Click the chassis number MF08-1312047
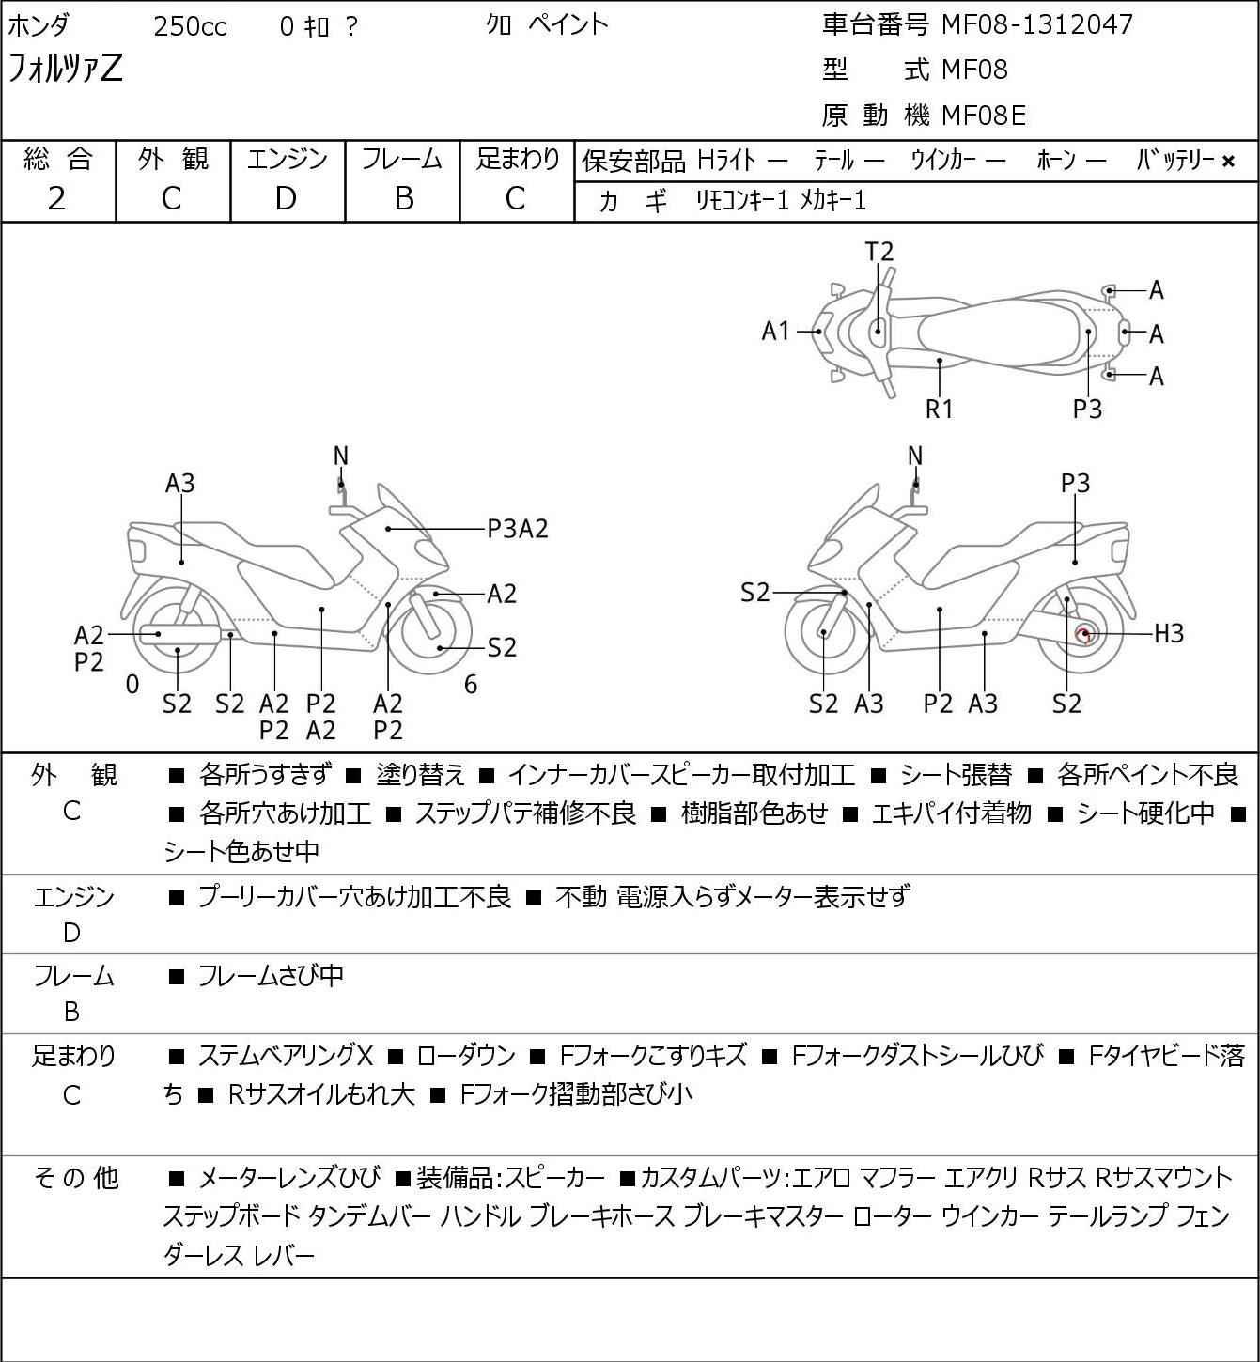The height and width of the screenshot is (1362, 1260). (1037, 24)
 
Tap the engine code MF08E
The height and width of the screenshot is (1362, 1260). (983, 116)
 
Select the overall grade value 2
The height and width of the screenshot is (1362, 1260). (57, 198)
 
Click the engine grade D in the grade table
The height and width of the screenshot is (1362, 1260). (287, 198)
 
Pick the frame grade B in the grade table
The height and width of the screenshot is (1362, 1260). (403, 198)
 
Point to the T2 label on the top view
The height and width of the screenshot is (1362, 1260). (879, 252)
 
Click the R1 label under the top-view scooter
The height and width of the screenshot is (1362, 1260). (940, 409)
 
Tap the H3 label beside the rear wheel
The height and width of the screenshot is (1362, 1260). (1169, 634)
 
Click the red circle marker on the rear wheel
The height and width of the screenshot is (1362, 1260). (1085, 635)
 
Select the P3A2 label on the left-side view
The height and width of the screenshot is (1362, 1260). (517, 530)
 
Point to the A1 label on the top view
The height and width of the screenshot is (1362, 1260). (776, 331)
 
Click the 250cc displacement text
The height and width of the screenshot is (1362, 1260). (190, 27)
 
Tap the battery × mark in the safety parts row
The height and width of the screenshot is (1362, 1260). (1228, 162)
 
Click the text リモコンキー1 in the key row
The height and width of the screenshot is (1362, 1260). (741, 201)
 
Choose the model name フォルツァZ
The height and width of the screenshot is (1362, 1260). (65, 69)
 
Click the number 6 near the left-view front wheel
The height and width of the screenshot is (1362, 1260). (471, 685)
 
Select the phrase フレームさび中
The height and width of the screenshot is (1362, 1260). (271, 977)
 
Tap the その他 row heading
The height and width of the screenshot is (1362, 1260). (75, 1177)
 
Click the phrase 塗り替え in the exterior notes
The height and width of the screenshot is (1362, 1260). (420, 775)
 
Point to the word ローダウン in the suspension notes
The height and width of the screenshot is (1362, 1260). (466, 1056)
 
